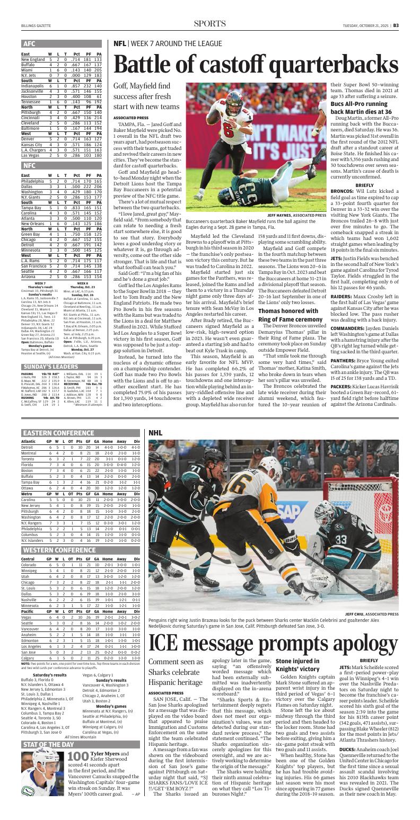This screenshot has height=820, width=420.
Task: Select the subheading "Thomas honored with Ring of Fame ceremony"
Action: click(290, 316)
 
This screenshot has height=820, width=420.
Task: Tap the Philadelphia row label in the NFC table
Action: click(33, 181)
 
